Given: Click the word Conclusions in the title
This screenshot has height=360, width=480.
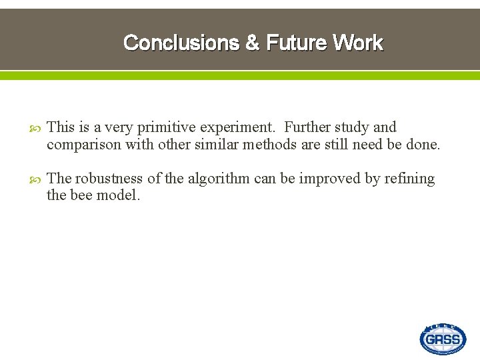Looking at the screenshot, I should click(x=181, y=43).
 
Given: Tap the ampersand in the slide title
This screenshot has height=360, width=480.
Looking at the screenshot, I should click(x=253, y=43).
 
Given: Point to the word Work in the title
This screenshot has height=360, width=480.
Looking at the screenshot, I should click(x=359, y=43).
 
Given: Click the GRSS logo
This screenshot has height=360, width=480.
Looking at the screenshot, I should click(x=443, y=339).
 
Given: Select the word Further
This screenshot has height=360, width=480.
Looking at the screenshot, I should click(x=307, y=127).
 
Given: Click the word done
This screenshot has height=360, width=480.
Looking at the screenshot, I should click(x=423, y=144).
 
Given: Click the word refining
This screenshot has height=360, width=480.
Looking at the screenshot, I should click(x=409, y=179).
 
